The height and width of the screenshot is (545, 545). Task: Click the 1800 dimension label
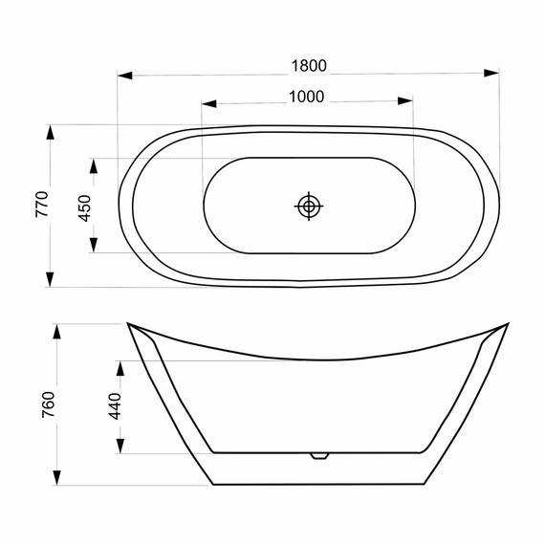[309, 66]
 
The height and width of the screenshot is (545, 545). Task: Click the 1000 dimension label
[307, 96]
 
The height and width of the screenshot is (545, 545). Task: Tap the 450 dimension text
[84, 207]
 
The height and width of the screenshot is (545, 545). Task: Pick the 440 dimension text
[114, 407]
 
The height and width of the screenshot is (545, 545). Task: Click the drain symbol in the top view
[309, 206]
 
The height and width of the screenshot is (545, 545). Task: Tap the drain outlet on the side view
[319, 455]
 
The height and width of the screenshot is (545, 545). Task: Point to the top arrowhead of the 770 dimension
[50, 132]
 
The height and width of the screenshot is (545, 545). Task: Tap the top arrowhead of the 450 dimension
[94, 165]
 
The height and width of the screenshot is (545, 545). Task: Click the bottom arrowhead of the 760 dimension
[57, 476]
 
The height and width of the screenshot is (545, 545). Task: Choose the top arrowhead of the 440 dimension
[120, 368]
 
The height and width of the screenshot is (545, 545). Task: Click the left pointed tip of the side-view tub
[128, 324]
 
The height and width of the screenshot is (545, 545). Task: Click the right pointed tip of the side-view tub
[506, 325]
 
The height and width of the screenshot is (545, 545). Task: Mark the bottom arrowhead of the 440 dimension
[120, 446]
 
